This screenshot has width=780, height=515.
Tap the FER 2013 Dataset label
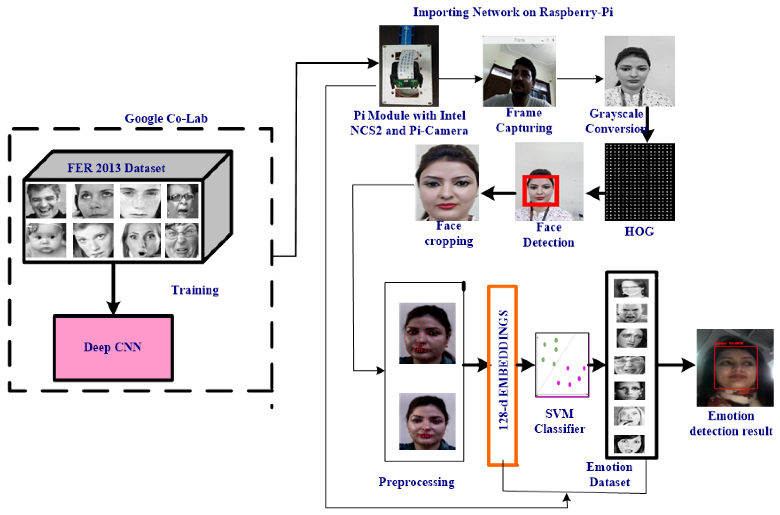tap(116, 168)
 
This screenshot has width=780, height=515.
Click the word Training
tap(195, 290)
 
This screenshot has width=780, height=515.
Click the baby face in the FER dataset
tap(46, 240)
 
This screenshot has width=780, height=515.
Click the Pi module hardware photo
tap(409, 66)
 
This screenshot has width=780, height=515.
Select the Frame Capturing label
tap(524, 120)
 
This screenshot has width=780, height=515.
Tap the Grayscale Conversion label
tap(616, 121)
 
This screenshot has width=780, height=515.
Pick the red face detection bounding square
tap(540, 191)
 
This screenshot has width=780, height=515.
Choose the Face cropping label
tap(449, 234)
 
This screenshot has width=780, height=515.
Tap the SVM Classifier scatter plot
tap(562, 365)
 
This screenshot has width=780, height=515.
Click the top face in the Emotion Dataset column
tap(631, 288)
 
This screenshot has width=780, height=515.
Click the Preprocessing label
tap(416, 482)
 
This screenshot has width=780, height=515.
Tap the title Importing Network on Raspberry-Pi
tap(513, 12)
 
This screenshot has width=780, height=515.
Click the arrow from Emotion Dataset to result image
tap(676, 365)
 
